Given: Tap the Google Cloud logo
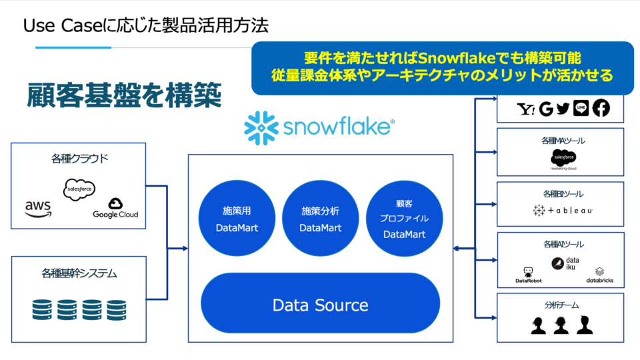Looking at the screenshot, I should point(115,208).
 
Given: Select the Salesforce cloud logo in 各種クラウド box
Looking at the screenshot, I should point(79,189).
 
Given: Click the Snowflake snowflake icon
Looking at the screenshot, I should point(261,128).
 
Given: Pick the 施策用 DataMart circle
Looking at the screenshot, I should point(237,219).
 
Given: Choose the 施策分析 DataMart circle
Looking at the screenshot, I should point(320,219).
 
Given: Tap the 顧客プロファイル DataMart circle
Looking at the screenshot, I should point(404,219).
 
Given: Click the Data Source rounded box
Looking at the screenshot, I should point(320,305).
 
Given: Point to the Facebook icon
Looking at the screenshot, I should point(601,109).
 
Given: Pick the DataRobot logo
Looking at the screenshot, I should point(529,274).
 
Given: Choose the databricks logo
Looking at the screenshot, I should point(599,275).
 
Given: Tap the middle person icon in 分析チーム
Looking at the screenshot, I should point(560,325).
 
